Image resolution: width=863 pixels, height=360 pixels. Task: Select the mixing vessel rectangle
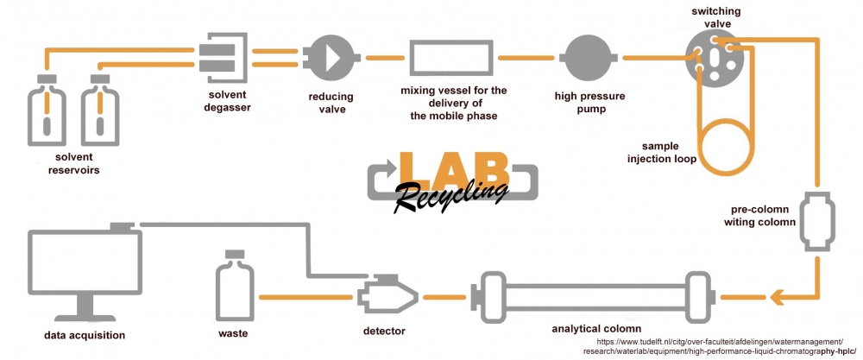pyautogui.click(x=450, y=57)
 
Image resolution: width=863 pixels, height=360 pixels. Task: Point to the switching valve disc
pyautogui.click(x=715, y=57)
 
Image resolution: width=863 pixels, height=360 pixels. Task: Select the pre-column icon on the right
pyautogui.click(x=818, y=222)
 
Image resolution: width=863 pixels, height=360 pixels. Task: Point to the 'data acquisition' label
pyautogui.click(x=85, y=335)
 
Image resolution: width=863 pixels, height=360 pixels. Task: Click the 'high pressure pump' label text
pyautogui.click(x=590, y=103)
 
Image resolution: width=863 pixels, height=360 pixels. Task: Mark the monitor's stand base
pyautogui.click(x=85, y=318)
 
